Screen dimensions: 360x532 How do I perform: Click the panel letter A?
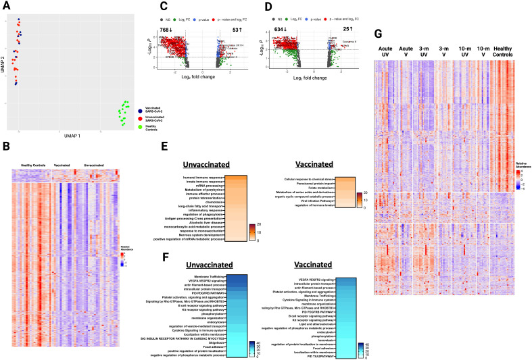(x=7, y=5)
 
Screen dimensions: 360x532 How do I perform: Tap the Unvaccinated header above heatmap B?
(x=91, y=165)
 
